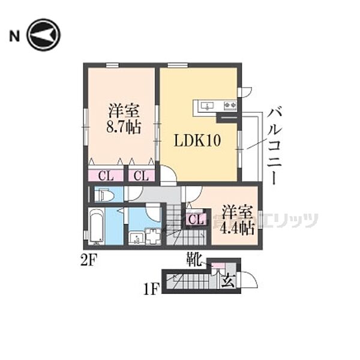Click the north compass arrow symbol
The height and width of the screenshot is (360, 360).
point(43,35)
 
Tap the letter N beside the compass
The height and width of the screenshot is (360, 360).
point(14,36)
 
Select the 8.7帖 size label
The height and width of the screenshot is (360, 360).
point(124,127)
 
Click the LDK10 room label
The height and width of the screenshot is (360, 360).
point(197,140)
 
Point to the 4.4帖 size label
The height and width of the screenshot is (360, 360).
point(237,228)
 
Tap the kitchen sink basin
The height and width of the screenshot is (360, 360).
point(208,106)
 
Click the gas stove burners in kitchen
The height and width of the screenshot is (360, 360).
point(230,106)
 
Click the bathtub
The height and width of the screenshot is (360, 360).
point(97,226)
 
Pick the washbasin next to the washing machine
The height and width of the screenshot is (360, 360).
point(136,238)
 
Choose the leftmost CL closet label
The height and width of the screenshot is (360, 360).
point(106,176)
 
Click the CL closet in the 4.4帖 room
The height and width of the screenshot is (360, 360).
point(196,219)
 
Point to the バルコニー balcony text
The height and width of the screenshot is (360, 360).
point(275,146)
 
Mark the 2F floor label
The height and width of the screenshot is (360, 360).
point(89,260)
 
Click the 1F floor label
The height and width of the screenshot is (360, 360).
point(151,289)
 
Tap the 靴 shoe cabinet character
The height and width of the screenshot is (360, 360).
point(194,259)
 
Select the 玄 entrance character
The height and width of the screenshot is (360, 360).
point(227,281)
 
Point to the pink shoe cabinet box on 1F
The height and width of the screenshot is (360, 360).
point(218,265)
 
